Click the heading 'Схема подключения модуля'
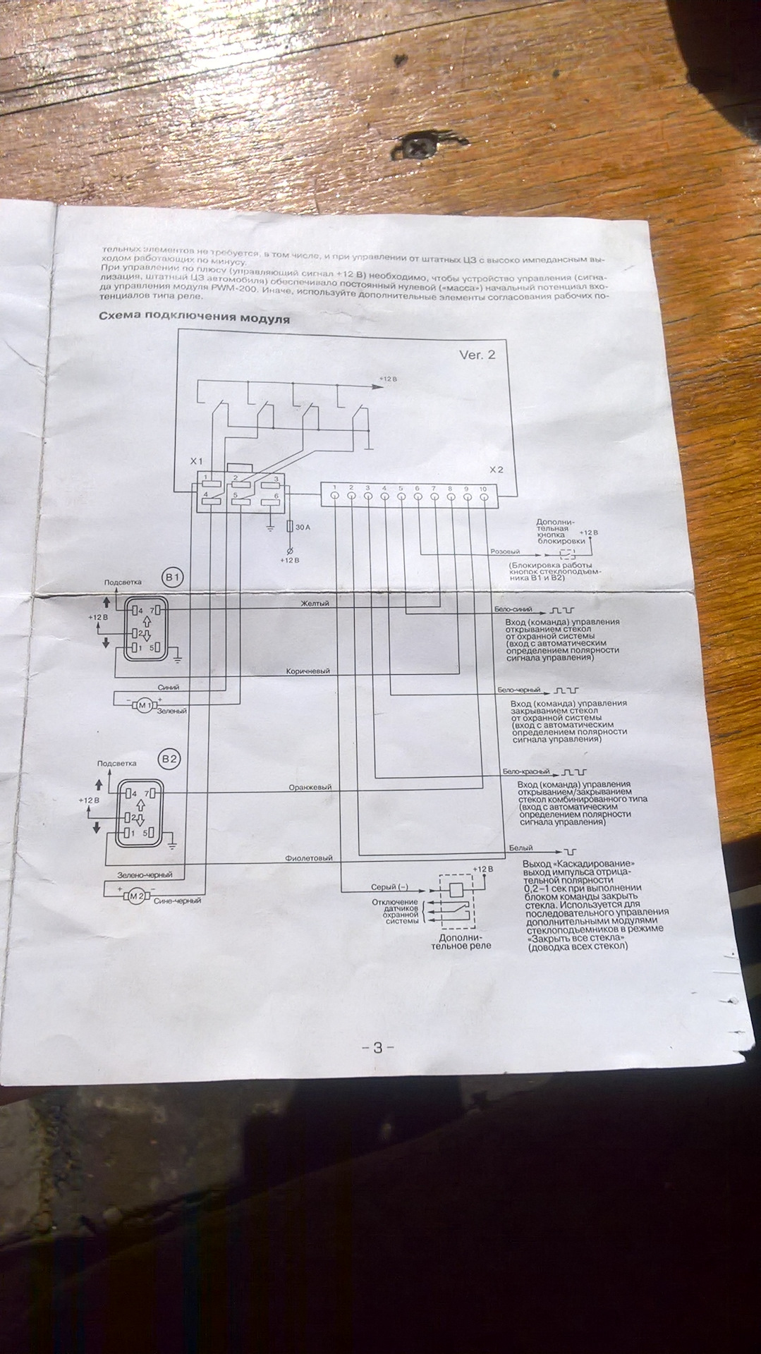coord(194,318)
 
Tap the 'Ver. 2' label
coord(477,355)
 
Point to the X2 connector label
coord(497,469)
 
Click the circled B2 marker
coord(170,760)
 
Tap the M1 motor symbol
coord(145,705)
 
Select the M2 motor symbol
coord(136,896)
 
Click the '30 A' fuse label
coord(302,527)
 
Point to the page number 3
coord(377,1048)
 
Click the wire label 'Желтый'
coord(315,603)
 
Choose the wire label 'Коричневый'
coord(308,671)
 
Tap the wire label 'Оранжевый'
coord(310,787)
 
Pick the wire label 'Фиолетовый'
coord(309,858)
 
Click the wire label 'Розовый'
coord(504,551)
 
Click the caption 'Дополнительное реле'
coord(461,941)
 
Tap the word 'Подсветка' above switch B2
coord(116,763)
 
